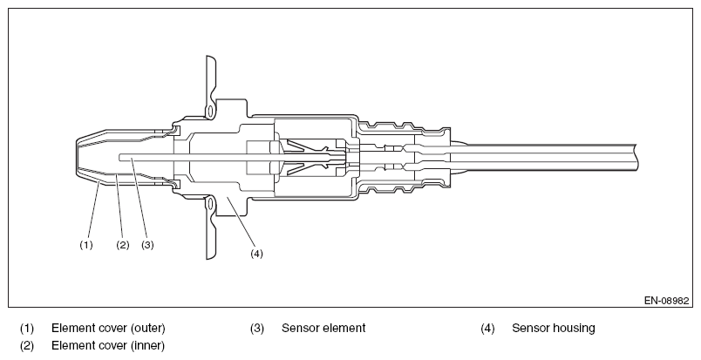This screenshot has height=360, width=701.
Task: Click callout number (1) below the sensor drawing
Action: (86, 245)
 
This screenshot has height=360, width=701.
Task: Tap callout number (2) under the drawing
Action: (123, 245)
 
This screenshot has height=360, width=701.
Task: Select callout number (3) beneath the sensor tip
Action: (147, 245)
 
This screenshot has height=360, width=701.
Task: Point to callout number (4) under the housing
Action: (256, 254)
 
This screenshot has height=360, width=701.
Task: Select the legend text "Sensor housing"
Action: (553, 329)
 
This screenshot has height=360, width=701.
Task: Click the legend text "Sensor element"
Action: (323, 329)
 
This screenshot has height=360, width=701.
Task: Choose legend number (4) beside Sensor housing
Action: (487, 329)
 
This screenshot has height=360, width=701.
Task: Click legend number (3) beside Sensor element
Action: (257, 329)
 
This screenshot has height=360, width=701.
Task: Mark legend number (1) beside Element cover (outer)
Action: (27, 329)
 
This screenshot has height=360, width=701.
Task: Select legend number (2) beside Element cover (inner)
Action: (27, 346)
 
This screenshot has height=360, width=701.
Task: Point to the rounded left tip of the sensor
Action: (74, 158)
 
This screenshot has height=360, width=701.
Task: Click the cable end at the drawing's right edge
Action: (641, 158)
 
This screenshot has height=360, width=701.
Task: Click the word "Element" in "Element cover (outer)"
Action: (71, 329)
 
